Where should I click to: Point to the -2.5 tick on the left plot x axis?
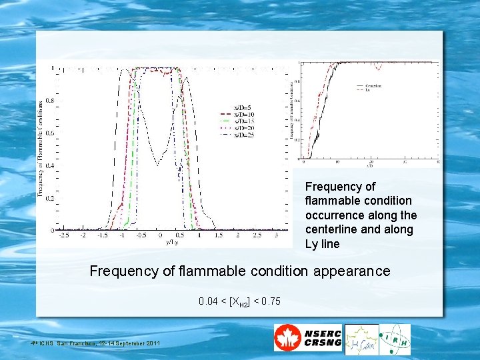(x=64, y=235)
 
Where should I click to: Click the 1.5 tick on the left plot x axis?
(x=219, y=235)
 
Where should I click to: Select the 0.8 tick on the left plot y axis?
(x=49, y=100)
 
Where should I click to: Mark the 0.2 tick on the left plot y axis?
(x=49, y=198)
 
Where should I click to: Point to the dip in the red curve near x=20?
(x=378, y=67)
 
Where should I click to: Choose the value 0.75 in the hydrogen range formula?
(x=270, y=301)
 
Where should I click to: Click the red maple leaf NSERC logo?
(x=287, y=339)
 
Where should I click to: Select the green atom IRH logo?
(x=395, y=339)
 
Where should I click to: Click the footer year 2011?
(x=150, y=343)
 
